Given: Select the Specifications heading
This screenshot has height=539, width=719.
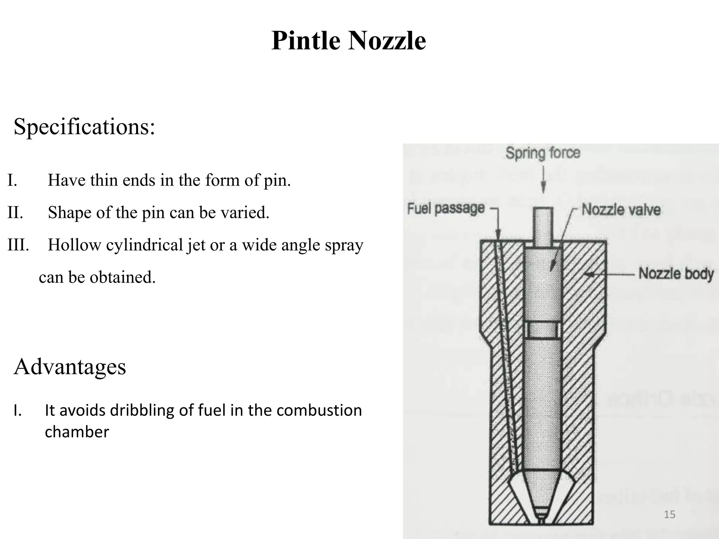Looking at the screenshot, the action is click(84, 127).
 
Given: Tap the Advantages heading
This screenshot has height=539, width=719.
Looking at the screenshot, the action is click(70, 367).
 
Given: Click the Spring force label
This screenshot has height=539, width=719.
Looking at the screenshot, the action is click(543, 153).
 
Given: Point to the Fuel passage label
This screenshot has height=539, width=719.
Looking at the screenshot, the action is click(446, 209).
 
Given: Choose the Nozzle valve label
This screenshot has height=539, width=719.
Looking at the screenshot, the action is click(621, 210).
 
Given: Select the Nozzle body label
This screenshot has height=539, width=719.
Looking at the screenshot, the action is click(676, 274).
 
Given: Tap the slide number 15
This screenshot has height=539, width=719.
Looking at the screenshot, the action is click(669, 514).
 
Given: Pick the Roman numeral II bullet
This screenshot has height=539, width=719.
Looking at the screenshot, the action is click(15, 213).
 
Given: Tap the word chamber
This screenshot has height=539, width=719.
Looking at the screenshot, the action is click(77, 432).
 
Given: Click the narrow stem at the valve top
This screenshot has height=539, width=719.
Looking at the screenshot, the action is click(543, 225).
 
